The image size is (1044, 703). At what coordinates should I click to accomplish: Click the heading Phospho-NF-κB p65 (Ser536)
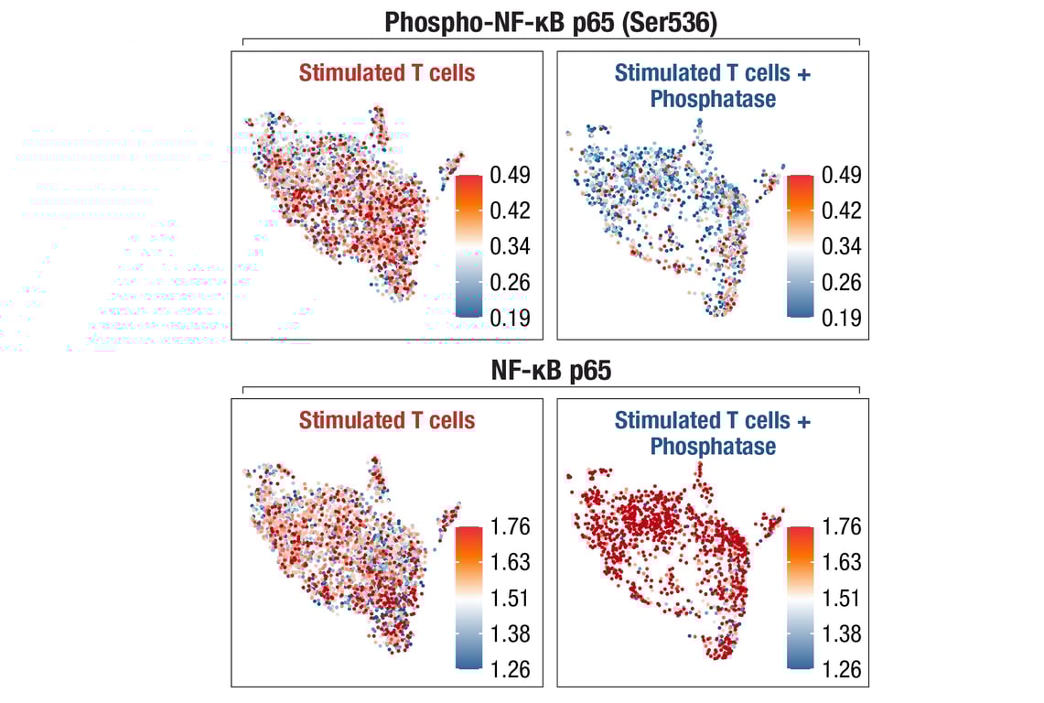pyautogui.click(x=550, y=22)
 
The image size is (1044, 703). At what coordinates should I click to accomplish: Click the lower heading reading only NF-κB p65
pyautogui.click(x=550, y=372)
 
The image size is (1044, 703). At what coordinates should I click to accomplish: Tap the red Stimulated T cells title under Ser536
pyautogui.click(x=387, y=73)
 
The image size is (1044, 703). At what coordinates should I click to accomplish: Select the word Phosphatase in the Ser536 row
pyautogui.click(x=713, y=99)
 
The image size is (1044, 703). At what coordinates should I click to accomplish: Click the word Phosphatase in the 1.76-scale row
pyautogui.click(x=713, y=447)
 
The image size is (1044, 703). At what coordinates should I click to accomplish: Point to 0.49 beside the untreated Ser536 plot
pyautogui.click(x=510, y=175)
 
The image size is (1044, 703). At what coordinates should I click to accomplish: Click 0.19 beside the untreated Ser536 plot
pyautogui.click(x=510, y=318)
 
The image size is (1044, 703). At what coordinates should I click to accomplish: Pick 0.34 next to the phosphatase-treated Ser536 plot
pyautogui.click(x=841, y=246)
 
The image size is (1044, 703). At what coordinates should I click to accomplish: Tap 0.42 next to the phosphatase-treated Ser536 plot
pyautogui.click(x=841, y=211)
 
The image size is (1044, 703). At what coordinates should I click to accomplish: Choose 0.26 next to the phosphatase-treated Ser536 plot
pyautogui.click(x=841, y=282)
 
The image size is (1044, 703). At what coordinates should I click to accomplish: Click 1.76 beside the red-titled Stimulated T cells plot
pyautogui.click(x=510, y=526)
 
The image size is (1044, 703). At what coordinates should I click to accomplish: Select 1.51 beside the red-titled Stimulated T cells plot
pyautogui.click(x=510, y=598)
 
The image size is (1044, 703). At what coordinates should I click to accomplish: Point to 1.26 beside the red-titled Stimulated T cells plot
pyautogui.click(x=510, y=669)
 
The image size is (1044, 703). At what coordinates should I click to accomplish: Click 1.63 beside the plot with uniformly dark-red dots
pyautogui.click(x=841, y=562)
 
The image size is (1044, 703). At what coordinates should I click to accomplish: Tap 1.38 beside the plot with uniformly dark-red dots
pyautogui.click(x=841, y=633)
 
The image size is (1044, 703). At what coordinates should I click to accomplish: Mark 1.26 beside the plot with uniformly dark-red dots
pyautogui.click(x=841, y=669)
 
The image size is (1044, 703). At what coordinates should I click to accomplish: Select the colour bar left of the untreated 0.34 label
pyautogui.click(x=468, y=245)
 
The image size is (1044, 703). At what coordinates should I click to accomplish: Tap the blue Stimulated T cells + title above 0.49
pyautogui.click(x=713, y=73)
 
